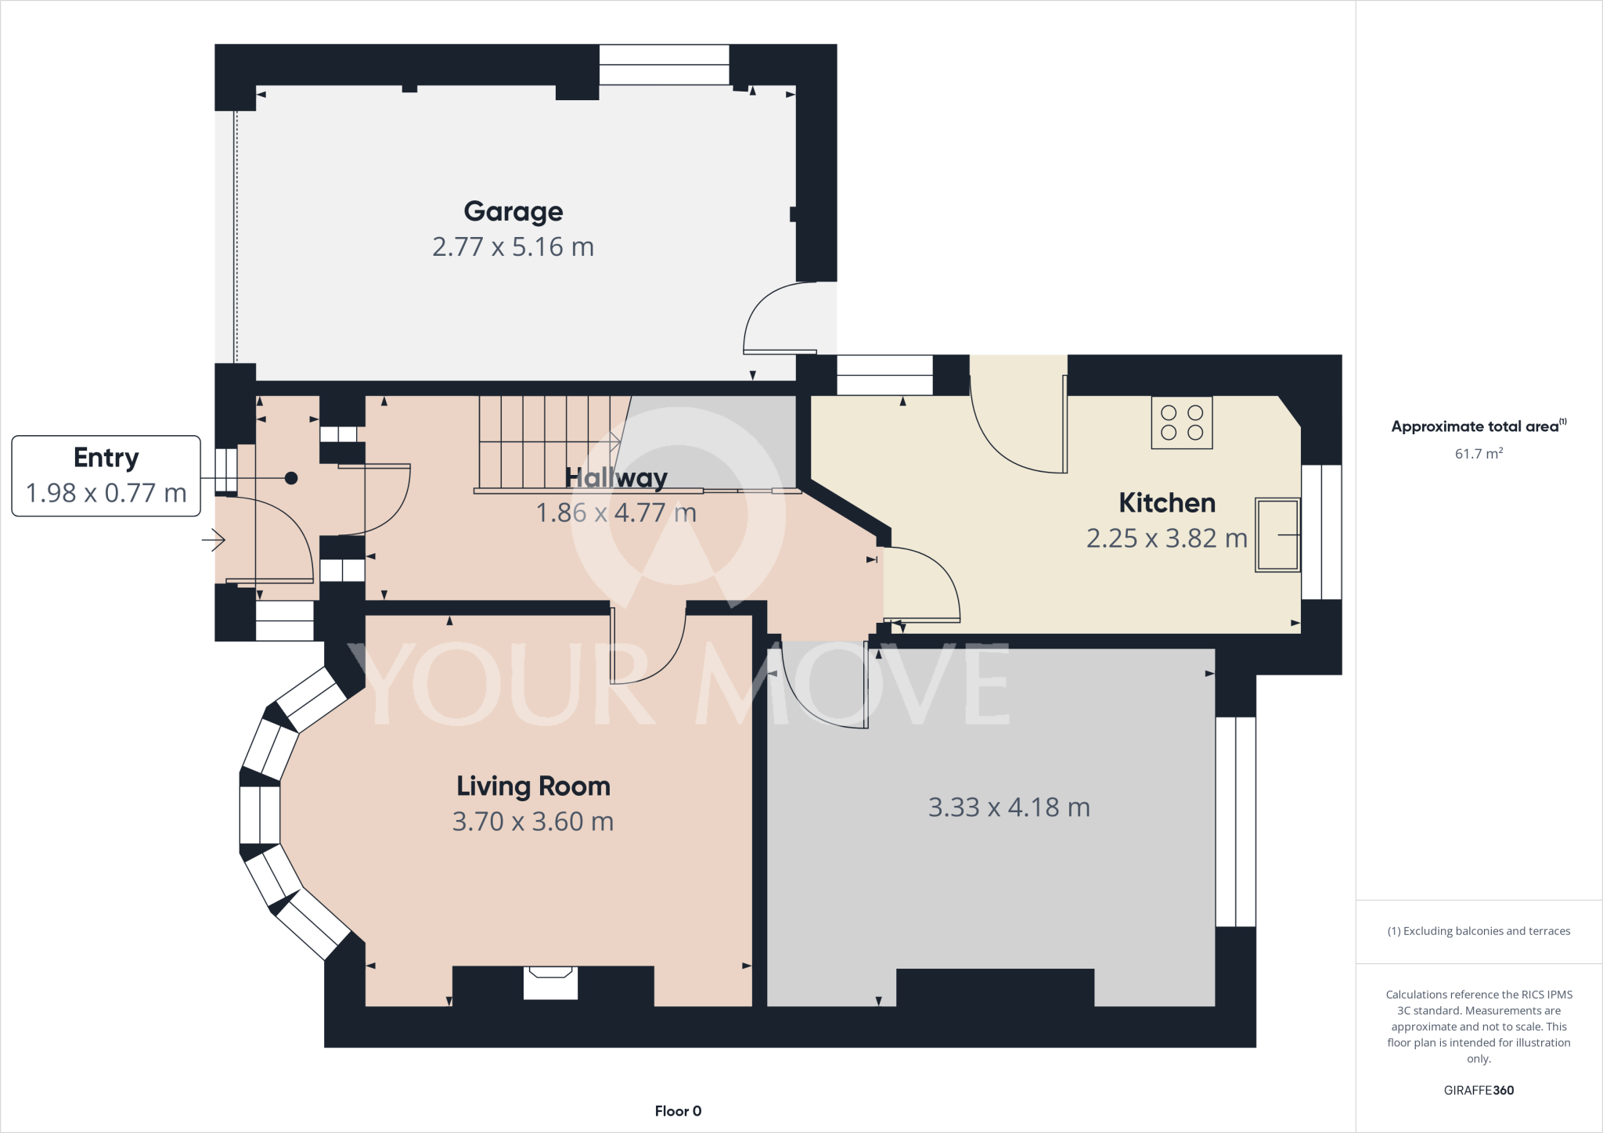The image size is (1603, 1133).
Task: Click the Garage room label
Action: [x=513, y=211]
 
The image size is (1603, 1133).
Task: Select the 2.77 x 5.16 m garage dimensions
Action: [x=513, y=247]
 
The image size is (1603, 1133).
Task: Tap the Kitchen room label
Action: [x=1166, y=503]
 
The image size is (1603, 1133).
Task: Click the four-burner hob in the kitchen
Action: [x=1181, y=423]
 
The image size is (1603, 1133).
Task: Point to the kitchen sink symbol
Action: [x=1277, y=534]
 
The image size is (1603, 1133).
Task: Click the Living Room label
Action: [x=533, y=786]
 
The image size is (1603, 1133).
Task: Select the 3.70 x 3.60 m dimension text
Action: [x=533, y=822]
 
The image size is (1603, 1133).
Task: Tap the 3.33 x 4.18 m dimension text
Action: [x=1009, y=807]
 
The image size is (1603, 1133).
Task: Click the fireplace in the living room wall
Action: [x=550, y=982]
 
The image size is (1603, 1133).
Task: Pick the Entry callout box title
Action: [x=106, y=458]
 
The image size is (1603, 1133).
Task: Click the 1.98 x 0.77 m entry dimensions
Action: [x=106, y=493]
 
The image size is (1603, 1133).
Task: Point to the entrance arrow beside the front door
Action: [x=214, y=540]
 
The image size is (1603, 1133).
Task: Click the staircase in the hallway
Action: [x=548, y=442]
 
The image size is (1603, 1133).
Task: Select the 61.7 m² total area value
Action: [x=1479, y=454]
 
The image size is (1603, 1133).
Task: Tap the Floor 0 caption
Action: [x=678, y=1111]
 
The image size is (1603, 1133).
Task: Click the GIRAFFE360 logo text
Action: [x=1479, y=1090]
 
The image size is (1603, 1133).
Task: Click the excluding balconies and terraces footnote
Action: [x=1479, y=931]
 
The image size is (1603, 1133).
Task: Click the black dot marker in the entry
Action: [x=291, y=478]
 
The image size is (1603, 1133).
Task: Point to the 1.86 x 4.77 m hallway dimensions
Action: [x=616, y=513]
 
